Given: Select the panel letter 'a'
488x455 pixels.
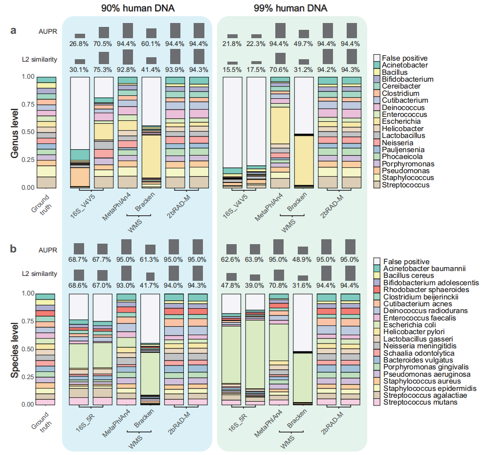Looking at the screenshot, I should [14, 30].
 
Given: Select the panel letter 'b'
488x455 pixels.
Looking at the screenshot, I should [14, 249].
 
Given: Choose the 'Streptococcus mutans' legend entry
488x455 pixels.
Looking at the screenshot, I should [420, 402].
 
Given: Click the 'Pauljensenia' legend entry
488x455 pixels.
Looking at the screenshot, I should [404, 150].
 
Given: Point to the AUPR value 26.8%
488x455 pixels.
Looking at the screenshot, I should [80, 44].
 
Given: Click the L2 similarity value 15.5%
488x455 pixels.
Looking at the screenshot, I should [232, 70].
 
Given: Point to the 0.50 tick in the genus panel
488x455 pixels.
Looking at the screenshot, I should [29, 132].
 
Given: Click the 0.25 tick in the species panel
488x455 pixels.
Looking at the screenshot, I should [29, 377].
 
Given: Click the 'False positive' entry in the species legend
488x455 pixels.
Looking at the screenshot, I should [406, 261].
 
